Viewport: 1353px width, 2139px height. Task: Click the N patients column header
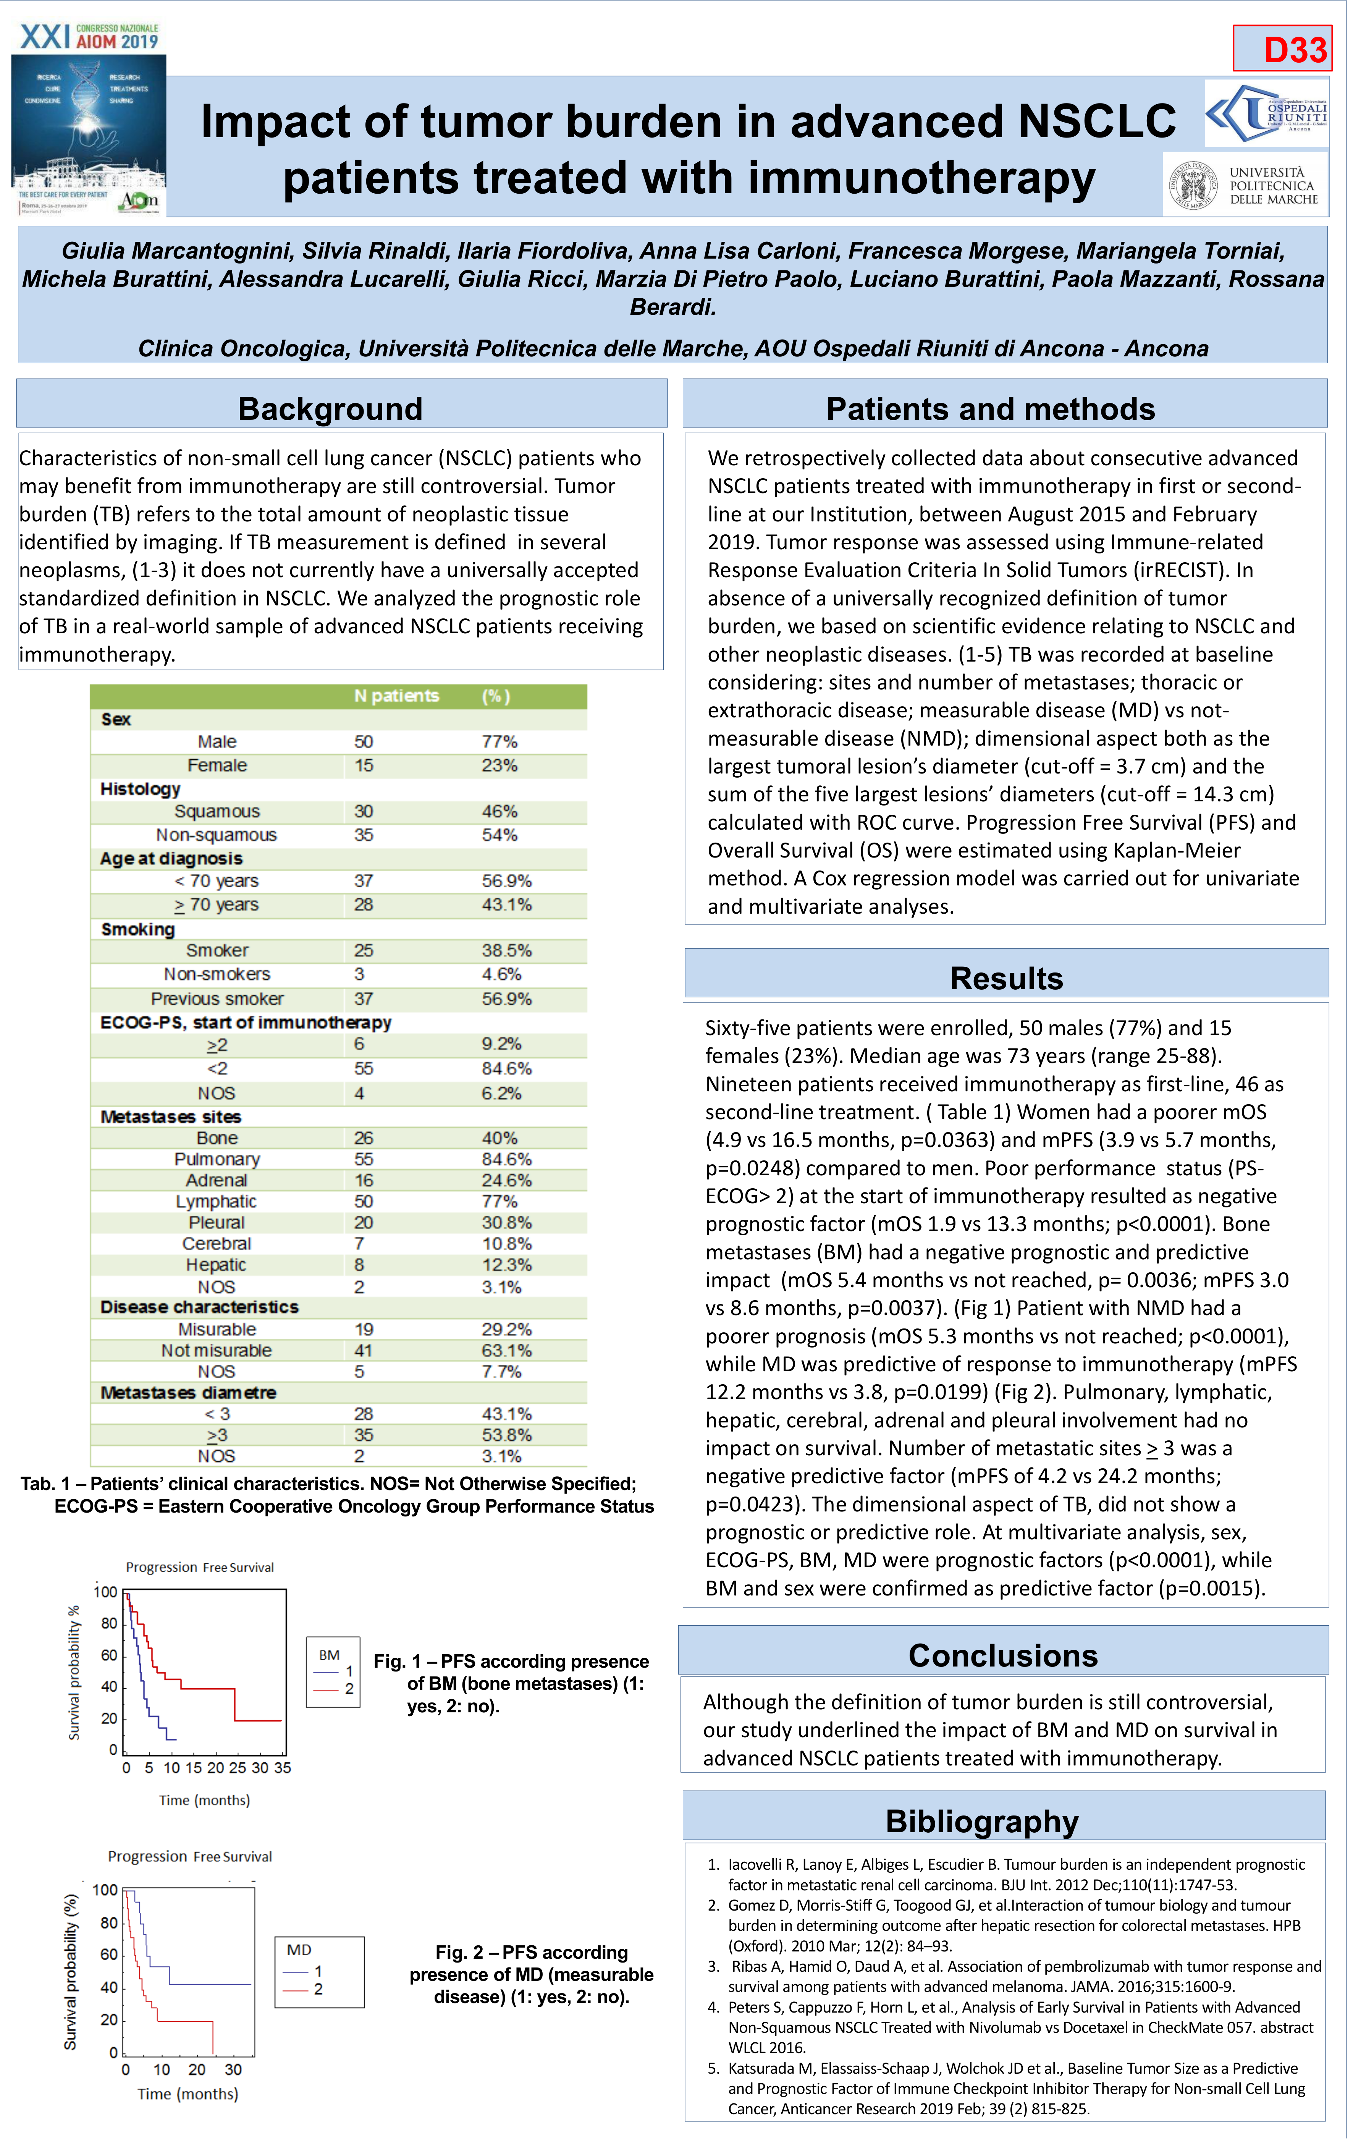click(x=396, y=696)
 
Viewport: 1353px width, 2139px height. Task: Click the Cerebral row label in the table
click(x=217, y=1244)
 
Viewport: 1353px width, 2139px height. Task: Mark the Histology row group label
click(x=141, y=789)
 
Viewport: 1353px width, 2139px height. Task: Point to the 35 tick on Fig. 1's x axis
click(x=283, y=1768)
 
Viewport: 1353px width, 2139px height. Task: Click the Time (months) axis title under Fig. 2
click(x=188, y=2094)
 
